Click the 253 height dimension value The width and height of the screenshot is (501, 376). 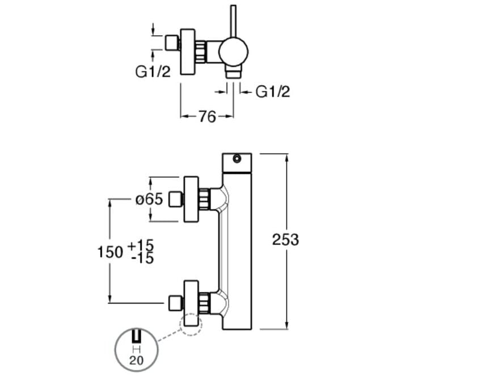(285, 240)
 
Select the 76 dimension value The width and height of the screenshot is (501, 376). (207, 116)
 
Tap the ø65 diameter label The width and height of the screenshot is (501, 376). (149, 199)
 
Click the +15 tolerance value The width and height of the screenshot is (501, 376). (140, 245)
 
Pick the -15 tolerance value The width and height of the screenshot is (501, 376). (141, 258)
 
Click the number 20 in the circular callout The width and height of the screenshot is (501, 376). (136, 360)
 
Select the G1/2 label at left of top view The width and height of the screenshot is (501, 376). (153, 72)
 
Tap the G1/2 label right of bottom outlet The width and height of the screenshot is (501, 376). (272, 91)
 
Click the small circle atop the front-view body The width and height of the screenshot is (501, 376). (236, 160)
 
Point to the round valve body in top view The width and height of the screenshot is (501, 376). (233, 52)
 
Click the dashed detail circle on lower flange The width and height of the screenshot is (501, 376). (190, 324)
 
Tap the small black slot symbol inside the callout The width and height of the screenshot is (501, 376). (136, 337)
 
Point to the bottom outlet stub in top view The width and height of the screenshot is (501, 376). (233, 73)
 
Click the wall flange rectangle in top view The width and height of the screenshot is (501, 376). (188, 52)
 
